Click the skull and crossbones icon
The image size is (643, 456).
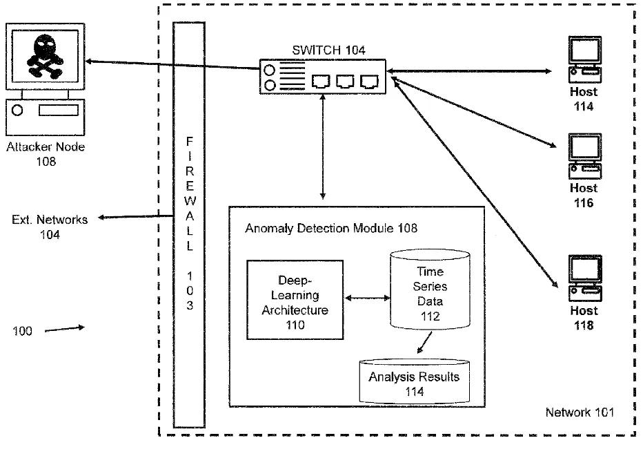point(45,57)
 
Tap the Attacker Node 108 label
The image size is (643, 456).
point(46,154)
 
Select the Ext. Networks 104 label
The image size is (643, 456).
point(50,227)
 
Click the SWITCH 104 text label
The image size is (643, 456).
point(328,50)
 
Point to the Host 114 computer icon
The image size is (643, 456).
point(585,59)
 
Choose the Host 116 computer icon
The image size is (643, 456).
point(585,156)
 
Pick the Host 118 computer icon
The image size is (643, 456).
point(585,278)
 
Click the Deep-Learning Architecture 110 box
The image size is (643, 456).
point(295,300)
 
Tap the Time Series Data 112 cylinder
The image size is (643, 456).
point(430,289)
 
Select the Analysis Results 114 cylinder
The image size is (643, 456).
point(414,381)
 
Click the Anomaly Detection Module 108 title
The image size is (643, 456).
point(331,228)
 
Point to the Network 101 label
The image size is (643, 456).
point(580,412)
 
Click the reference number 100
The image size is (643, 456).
point(22,331)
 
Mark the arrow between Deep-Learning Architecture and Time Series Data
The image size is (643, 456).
point(367,298)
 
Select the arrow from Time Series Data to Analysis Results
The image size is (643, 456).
point(424,343)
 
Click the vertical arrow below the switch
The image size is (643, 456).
point(323,147)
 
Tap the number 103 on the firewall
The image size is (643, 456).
point(190,290)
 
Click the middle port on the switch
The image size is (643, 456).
point(345,82)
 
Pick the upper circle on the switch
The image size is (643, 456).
point(269,70)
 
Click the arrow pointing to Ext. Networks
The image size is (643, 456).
point(135,216)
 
